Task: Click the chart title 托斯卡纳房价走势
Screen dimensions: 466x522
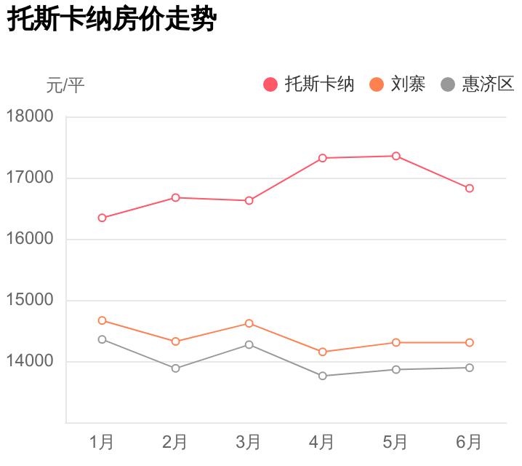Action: point(111,20)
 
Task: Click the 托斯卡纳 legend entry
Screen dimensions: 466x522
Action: point(309,84)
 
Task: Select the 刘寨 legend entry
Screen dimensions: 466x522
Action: point(397,84)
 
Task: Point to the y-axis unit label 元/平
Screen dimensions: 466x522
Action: point(65,86)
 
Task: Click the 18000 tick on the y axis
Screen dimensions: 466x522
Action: point(30,116)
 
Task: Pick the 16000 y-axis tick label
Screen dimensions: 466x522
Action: point(30,239)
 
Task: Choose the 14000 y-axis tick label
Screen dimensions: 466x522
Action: point(30,361)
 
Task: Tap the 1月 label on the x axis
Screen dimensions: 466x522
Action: point(102,441)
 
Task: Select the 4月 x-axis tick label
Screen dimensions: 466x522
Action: point(322,441)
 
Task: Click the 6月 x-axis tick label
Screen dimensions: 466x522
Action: point(469,441)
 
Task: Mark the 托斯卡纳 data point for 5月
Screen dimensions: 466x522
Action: point(396,156)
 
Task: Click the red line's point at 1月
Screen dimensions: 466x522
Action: point(103,218)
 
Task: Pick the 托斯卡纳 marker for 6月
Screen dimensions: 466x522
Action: point(470,188)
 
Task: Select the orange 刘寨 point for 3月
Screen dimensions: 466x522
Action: point(249,323)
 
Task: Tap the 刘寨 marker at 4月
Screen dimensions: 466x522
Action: point(323,352)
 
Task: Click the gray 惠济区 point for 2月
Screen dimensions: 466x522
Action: point(176,368)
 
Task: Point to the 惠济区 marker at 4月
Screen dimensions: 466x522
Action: point(323,376)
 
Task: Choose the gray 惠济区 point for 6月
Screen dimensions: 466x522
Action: point(470,368)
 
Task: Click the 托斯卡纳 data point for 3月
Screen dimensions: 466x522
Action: point(249,200)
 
